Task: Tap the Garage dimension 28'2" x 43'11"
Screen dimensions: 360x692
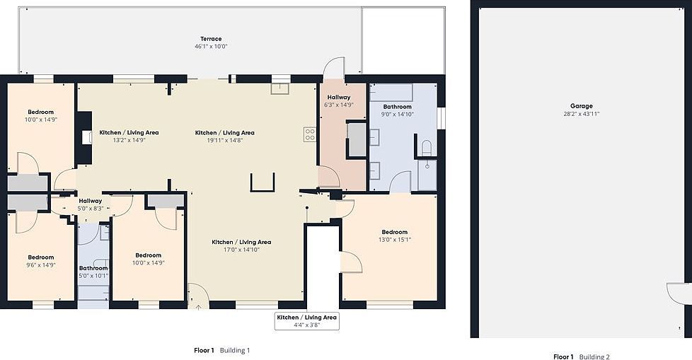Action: (x=582, y=114)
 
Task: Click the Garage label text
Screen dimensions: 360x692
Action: (x=582, y=106)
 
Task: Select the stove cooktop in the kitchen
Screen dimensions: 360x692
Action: (x=309, y=134)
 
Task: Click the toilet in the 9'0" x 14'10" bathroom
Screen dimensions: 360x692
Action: (x=426, y=148)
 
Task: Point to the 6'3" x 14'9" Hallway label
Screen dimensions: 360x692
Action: (x=338, y=101)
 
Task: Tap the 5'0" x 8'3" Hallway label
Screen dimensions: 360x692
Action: (x=91, y=204)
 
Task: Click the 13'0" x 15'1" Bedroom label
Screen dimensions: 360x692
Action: (x=394, y=236)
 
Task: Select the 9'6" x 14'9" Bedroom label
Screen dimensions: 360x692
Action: (x=41, y=261)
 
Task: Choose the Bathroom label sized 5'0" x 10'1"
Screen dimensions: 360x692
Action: (x=93, y=272)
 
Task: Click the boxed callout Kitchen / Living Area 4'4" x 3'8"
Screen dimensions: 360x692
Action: (x=306, y=322)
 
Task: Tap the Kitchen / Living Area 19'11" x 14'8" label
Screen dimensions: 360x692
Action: (x=224, y=137)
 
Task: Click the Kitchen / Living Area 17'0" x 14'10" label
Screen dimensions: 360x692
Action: (x=241, y=245)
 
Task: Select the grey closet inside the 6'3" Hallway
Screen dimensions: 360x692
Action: (x=357, y=140)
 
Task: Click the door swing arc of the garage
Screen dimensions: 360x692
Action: (x=678, y=293)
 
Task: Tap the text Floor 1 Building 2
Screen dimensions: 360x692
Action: (x=581, y=356)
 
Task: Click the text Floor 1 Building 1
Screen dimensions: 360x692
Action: (x=222, y=350)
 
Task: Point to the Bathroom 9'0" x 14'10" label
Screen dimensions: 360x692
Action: (x=396, y=110)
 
